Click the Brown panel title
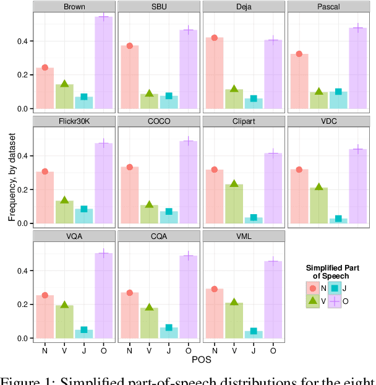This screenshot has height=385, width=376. click(74, 7)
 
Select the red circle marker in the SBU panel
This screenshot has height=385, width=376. click(129, 46)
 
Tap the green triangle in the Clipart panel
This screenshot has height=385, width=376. click(234, 184)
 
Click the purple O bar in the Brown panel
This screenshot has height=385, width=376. click(103, 62)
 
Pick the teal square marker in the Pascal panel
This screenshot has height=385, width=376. click(338, 92)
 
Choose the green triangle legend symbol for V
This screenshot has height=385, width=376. click(313, 301)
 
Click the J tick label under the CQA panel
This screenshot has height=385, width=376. click(169, 350)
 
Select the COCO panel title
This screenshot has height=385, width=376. click(159, 122)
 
